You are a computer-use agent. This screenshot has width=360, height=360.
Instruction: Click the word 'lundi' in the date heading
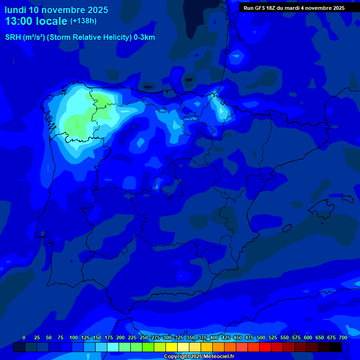point(15,10)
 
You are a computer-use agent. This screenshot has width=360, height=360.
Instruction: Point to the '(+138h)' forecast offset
point(83,21)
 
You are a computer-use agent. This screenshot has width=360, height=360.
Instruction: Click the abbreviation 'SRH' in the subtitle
point(13,37)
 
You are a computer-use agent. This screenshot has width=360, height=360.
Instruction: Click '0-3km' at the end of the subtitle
point(144,37)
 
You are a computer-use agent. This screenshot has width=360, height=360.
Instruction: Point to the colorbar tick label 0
point(24,337)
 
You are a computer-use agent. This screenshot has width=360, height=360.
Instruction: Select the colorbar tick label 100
point(74,337)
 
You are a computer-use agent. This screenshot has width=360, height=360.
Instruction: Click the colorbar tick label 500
point(261,337)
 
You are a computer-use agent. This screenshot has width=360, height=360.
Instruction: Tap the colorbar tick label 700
point(343,337)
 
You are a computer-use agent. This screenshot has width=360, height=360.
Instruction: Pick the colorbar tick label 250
point(144,337)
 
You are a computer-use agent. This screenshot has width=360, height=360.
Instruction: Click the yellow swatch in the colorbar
point(172,347)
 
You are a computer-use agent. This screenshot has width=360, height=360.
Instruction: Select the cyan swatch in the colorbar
point(113,347)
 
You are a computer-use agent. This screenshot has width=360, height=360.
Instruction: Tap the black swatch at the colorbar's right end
point(336,347)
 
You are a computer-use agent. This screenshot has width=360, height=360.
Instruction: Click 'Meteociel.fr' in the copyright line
point(218,357)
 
